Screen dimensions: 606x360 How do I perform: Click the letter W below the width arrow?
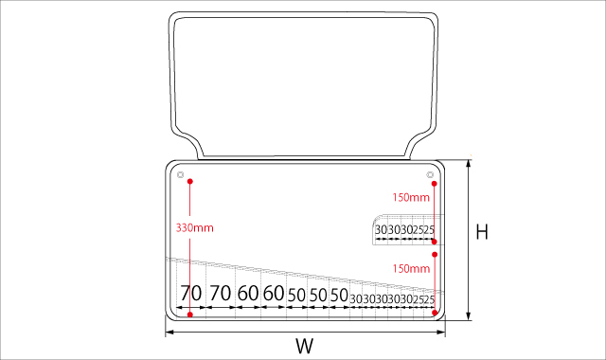click(305, 346)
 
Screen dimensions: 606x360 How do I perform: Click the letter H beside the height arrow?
click(482, 231)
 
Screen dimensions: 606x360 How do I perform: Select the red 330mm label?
click(195, 227)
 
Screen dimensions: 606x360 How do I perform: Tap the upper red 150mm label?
click(411, 198)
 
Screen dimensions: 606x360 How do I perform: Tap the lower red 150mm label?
click(411, 268)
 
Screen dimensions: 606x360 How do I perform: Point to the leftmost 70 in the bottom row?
click(191, 293)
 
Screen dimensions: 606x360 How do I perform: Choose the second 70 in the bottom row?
click(221, 293)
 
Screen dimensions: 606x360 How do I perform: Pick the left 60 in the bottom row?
click(248, 293)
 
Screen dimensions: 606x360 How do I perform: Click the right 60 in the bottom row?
click(274, 293)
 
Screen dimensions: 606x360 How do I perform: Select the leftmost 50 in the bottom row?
click(296, 296)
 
